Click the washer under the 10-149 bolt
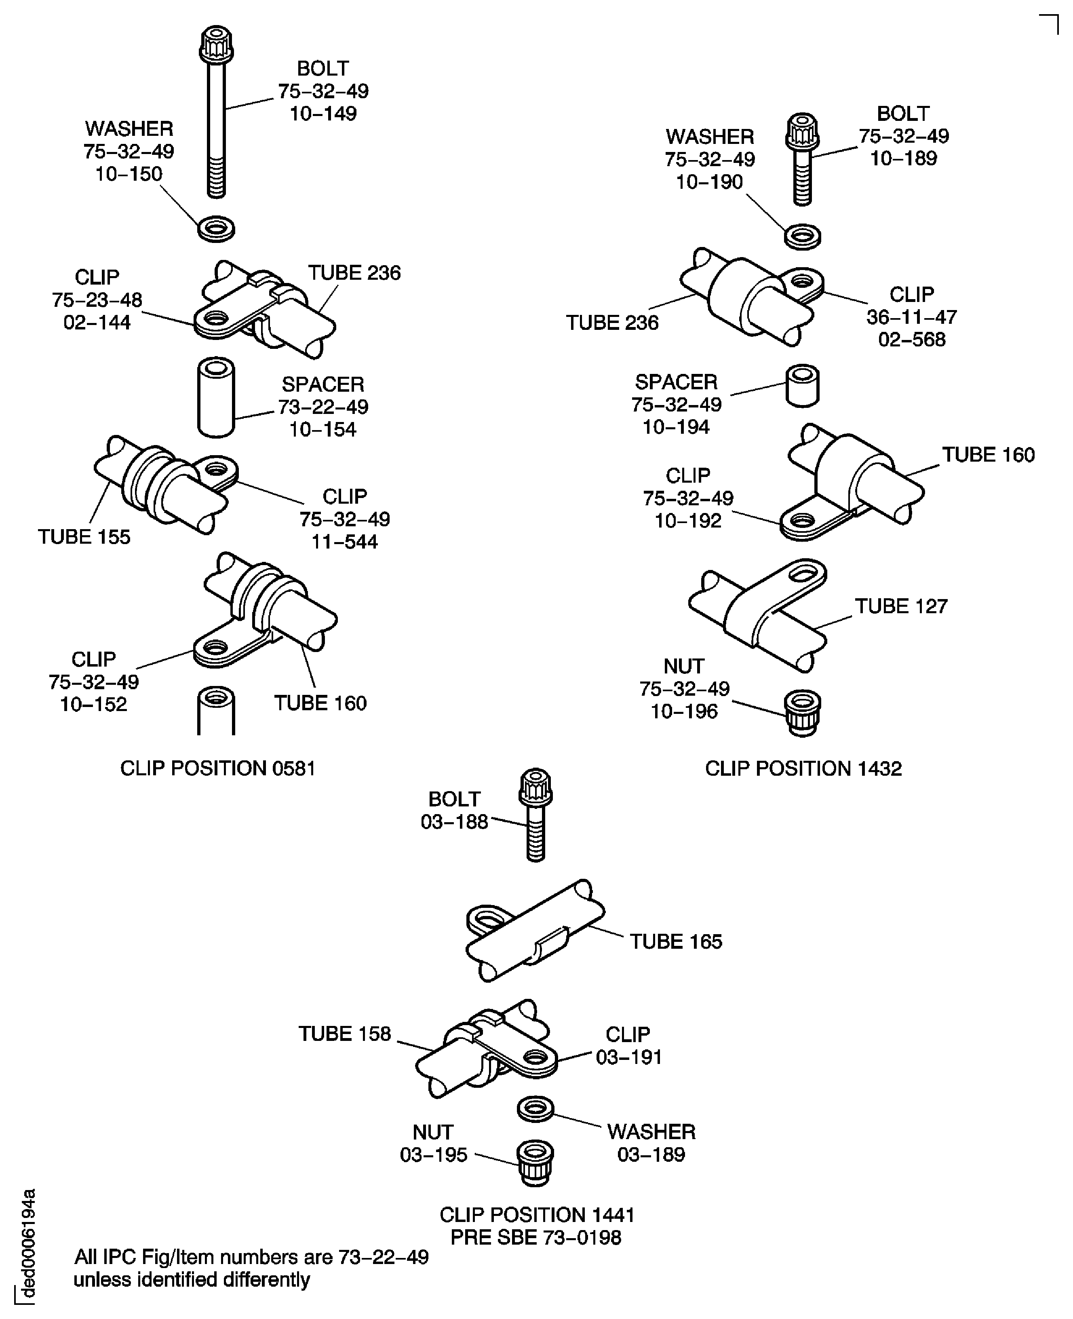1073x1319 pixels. [216, 229]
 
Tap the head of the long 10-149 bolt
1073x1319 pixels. [216, 43]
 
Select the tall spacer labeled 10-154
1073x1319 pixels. [216, 397]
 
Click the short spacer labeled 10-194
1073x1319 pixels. [802, 386]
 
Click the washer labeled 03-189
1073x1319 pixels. [535, 1109]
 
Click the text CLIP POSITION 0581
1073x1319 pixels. [217, 768]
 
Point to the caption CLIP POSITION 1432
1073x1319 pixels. [803, 768]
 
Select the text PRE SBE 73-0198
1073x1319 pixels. [536, 1237]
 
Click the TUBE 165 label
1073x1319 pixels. [676, 941]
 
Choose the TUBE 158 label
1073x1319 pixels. [345, 1034]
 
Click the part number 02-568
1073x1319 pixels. [912, 339]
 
